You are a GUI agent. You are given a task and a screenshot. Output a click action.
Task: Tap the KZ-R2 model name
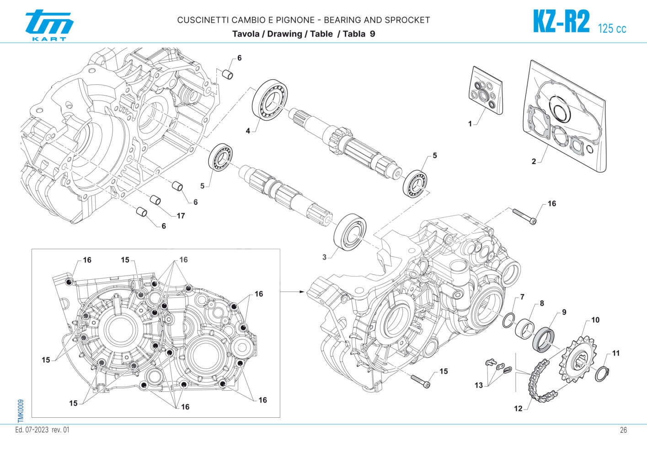561,21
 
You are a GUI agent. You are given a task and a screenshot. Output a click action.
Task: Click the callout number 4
248,131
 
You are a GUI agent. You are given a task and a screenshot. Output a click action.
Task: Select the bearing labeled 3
350,231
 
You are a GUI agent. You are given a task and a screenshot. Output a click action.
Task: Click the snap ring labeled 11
603,373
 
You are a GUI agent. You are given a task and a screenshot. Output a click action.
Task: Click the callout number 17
181,216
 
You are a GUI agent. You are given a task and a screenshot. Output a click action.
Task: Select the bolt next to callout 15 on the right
421,381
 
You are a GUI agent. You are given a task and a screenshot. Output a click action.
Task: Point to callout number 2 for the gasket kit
534,162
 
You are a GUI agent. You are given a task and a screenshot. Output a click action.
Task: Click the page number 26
623,430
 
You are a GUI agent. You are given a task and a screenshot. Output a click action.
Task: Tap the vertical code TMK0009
21,410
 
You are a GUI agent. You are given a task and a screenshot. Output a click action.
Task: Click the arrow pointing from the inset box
293,291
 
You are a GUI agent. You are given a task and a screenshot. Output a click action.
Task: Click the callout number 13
478,385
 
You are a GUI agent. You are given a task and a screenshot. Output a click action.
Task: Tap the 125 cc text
612,28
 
